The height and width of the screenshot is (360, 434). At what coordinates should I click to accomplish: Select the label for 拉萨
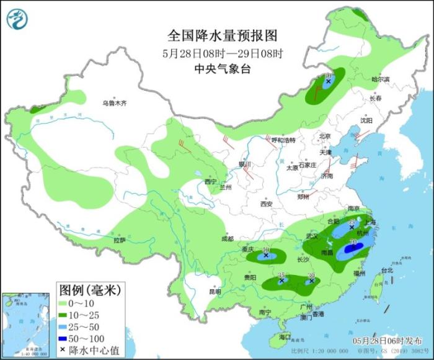point(119,240)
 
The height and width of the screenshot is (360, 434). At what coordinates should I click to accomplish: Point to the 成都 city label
point(227,238)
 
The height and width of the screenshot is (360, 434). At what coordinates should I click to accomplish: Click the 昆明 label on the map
point(215,291)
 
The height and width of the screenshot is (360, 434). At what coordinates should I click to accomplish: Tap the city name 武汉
point(311,236)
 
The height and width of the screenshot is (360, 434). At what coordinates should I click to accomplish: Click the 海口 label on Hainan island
point(285,336)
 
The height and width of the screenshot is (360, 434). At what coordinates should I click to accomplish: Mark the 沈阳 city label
point(366,120)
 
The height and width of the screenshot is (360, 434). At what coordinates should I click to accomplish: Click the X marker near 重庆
point(266,255)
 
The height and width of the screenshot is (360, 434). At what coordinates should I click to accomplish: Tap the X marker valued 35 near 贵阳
point(281,281)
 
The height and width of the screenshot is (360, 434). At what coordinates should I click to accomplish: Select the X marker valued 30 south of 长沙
point(311,281)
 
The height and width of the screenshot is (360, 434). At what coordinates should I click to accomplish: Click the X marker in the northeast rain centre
point(328,81)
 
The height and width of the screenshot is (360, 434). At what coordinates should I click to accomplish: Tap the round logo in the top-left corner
point(18,19)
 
